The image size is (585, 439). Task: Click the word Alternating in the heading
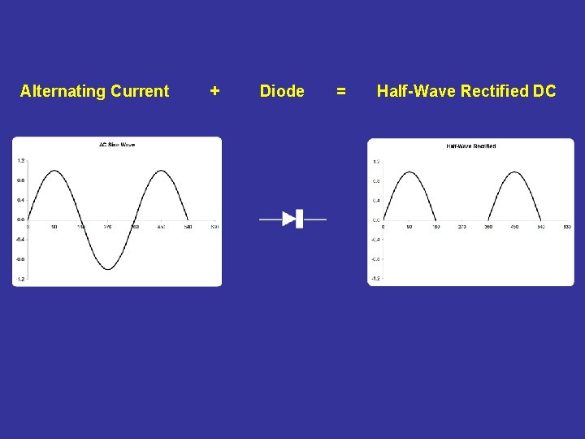[x=59, y=91]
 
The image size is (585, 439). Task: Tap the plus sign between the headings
[x=214, y=91]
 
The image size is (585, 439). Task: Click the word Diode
[x=282, y=91]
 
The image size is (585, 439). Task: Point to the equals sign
[x=341, y=91]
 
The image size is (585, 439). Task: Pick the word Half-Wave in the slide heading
[x=416, y=91]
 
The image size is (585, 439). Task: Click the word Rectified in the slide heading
[x=495, y=91]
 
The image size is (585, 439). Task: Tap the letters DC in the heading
[x=544, y=91]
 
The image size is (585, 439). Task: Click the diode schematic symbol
[x=292, y=219]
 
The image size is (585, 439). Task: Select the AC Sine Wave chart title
[x=117, y=145]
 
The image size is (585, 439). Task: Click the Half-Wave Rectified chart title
[x=471, y=146]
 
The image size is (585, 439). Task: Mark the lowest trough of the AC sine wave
[x=108, y=269]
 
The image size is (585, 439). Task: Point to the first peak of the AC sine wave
[x=54, y=171]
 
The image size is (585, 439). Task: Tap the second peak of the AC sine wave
[x=161, y=171]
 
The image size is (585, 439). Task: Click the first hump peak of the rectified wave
[x=409, y=172]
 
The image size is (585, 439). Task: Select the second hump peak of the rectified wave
[x=515, y=172]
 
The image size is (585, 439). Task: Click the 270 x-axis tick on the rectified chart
[x=461, y=227]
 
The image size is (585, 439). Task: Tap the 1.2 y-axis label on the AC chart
[x=20, y=161]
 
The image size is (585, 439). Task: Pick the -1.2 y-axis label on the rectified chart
[x=375, y=278]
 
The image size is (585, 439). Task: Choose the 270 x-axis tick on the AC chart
[x=108, y=227]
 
